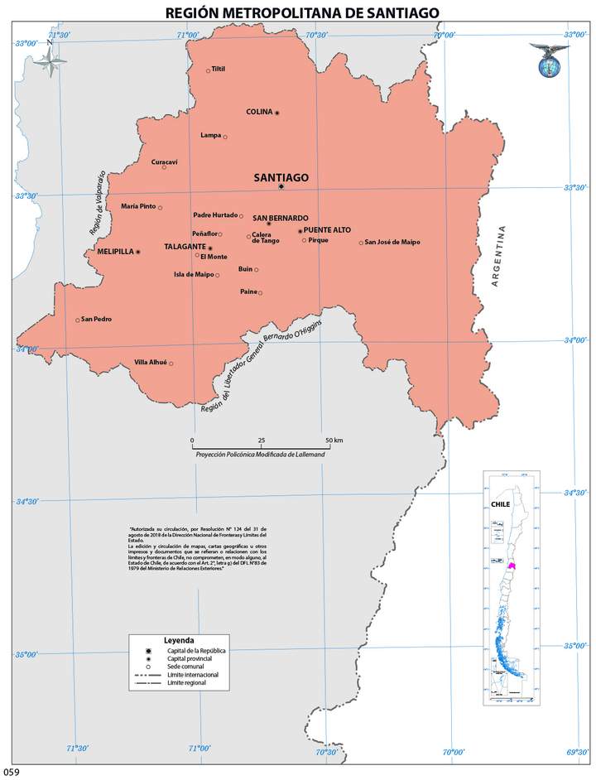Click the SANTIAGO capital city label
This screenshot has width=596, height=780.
click(x=281, y=177)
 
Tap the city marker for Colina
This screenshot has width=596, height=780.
click(x=277, y=113)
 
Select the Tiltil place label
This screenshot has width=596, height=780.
click(x=219, y=69)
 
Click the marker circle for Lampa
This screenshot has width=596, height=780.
click(x=225, y=137)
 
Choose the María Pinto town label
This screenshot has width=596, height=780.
click(x=138, y=206)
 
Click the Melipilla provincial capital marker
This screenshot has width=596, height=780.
click(x=138, y=251)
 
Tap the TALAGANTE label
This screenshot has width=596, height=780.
click(x=185, y=247)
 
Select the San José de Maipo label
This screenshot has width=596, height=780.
click(x=392, y=242)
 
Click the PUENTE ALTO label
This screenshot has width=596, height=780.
click(x=327, y=229)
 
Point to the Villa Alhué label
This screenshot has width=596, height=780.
click(x=151, y=362)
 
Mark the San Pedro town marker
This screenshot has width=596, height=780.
click(x=78, y=320)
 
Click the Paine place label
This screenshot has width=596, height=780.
click(x=248, y=291)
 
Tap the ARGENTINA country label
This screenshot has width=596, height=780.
click(x=497, y=256)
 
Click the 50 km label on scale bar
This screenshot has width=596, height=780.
click(x=334, y=439)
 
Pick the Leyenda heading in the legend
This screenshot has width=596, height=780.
click(x=179, y=640)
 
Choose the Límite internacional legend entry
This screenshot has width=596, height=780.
click(x=193, y=675)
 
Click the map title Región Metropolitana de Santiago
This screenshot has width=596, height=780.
click(x=302, y=12)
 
